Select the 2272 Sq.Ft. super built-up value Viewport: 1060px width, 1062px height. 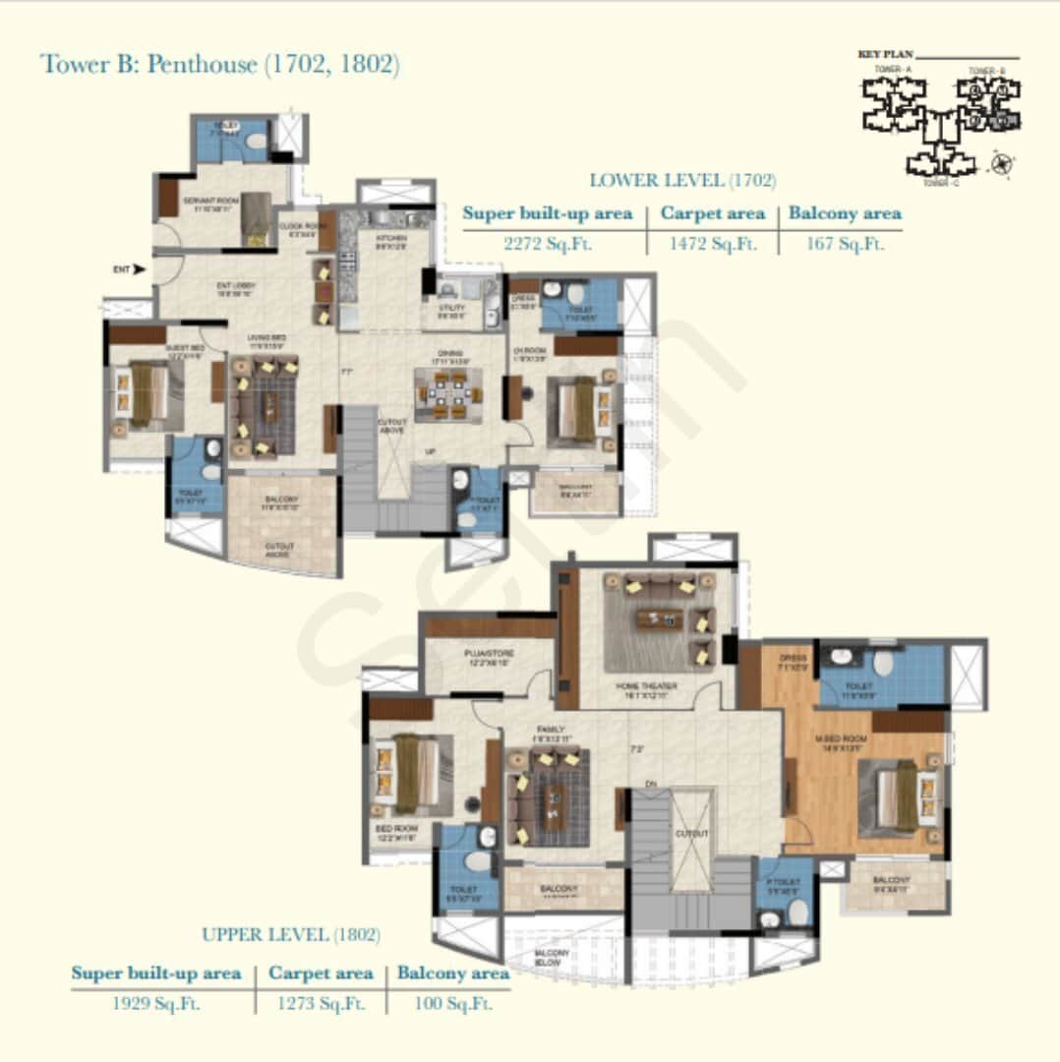[x=549, y=245]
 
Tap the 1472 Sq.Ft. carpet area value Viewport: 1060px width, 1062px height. [x=711, y=245]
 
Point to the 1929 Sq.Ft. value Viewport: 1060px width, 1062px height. [x=155, y=1004]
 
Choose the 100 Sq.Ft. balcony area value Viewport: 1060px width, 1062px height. [x=447, y=1004]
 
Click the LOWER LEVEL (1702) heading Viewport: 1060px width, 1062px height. [x=682, y=181]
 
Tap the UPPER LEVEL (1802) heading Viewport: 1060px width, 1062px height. [x=291, y=934]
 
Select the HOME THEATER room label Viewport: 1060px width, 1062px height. [x=644, y=688]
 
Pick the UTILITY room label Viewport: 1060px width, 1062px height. [x=451, y=309]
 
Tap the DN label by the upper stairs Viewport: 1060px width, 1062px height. [x=650, y=783]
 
